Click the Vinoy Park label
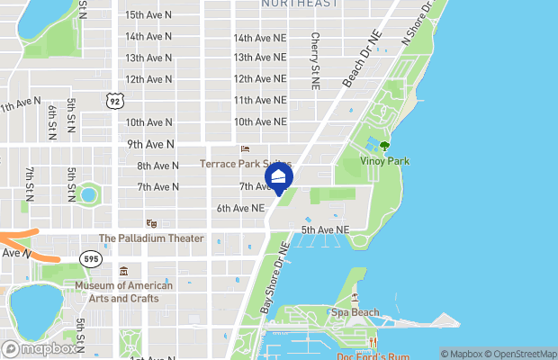click(x=384, y=161)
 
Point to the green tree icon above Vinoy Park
click(x=385, y=145)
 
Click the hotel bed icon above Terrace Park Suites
click(x=243, y=149)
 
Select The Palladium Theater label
click(x=151, y=238)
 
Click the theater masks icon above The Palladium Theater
click(x=151, y=223)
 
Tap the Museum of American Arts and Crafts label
click(x=123, y=292)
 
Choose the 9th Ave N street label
click(x=150, y=143)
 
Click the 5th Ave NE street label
click(x=325, y=230)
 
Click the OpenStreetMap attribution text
click(x=523, y=353)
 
